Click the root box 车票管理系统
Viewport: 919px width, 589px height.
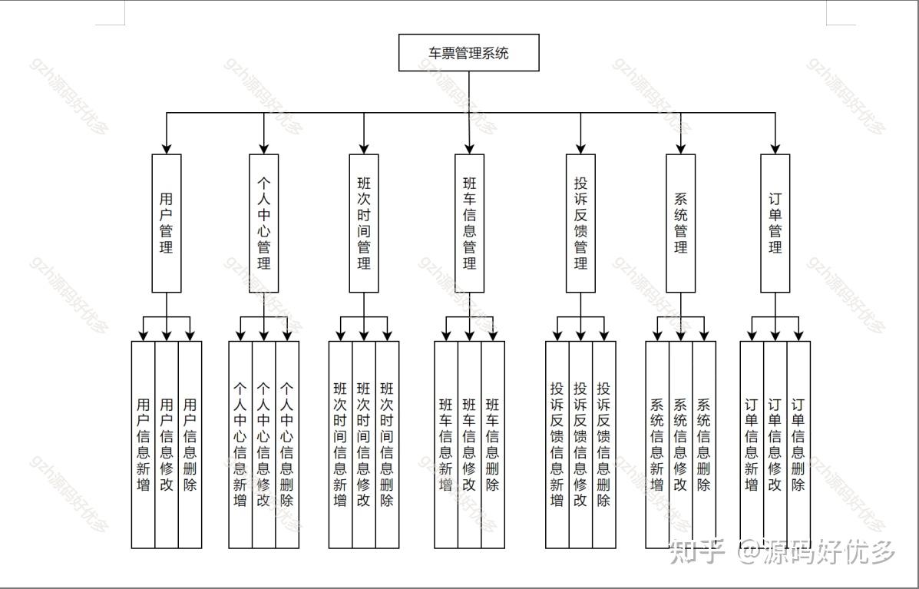(x=468, y=53)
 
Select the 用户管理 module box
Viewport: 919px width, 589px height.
(x=167, y=223)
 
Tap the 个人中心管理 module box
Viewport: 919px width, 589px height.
(x=263, y=223)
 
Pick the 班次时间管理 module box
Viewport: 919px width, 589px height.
(x=364, y=223)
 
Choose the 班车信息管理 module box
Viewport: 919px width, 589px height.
(x=469, y=223)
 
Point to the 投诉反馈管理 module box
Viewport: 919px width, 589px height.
(x=580, y=223)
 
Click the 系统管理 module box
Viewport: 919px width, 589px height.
(x=680, y=223)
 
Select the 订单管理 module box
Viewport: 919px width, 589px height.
(x=775, y=223)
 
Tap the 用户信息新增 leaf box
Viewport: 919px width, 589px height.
(x=143, y=444)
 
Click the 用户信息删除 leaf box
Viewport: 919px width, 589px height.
(x=190, y=444)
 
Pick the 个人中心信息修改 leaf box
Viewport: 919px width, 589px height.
(x=263, y=444)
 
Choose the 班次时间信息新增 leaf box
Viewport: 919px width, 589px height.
(x=340, y=444)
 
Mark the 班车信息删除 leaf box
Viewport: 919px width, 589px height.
(x=493, y=444)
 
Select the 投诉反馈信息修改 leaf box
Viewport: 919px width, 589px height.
(x=580, y=444)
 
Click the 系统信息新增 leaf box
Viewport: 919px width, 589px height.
(x=657, y=444)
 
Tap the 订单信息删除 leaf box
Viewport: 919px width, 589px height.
(x=798, y=444)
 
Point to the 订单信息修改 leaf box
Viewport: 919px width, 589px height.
(x=775, y=444)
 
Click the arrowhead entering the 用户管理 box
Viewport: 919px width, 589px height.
(x=167, y=148)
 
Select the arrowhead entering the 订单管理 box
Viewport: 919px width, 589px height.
(x=775, y=148)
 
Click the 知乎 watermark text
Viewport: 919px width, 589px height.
(x=696, y=551)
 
